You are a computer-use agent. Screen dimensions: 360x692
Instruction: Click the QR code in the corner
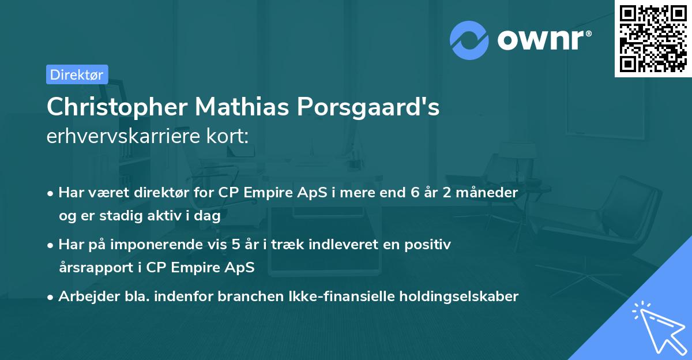(x=653, y=39)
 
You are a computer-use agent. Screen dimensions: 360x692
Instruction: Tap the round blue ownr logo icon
(x=469, y=40)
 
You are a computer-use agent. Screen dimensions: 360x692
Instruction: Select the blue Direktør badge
(x=77, y=74)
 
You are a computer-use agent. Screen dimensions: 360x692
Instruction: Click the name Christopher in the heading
(x=116, y=108)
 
